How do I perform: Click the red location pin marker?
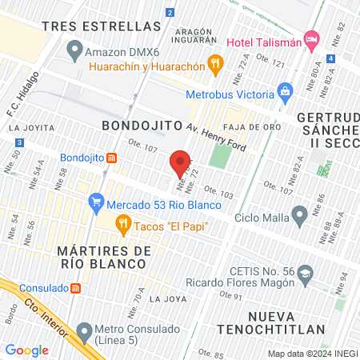(181, 163)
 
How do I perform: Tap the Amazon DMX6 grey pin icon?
(74, 54)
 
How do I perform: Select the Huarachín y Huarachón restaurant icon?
(214, 62)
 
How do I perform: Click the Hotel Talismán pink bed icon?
(312, 39)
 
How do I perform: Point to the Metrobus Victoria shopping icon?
(283, 93)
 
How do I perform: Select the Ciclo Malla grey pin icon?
(300, 215)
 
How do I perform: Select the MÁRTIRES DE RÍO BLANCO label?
(105, 259)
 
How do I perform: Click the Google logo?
(26, 350)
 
